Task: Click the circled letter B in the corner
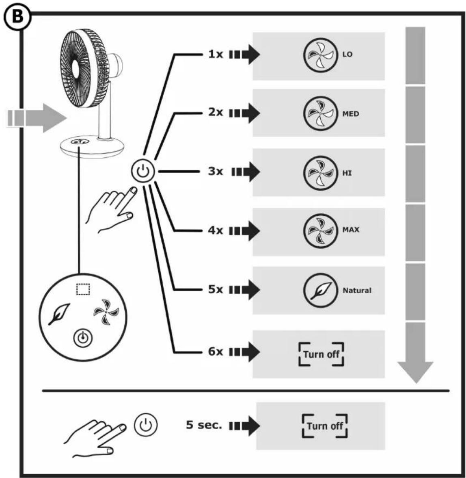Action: click(x=17, y=17)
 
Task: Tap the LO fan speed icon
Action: click(x=320, y=55)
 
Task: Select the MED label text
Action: click(x=351, y=114)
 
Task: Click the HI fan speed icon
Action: click(x=320, y=173)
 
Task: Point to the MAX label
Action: click(x=351, y=230)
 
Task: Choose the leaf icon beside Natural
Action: click(x=320, y=290)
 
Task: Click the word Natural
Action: click(x=357, y=290)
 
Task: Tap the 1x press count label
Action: click(x=216, y=54)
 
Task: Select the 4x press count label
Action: click(x=216, y=230)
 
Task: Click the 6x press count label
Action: click(x=216, y=352)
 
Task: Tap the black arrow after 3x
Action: click(x=246, y=172)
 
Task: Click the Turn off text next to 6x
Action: click(x=321, y=354)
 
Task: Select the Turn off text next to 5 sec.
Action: click(x=325, y=426)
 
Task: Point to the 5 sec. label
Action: click(x=204, y=425)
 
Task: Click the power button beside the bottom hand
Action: click(x=146, y=425)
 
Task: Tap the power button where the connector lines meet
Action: click(x=143, y=172)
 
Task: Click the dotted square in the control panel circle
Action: click(x=83, y=289)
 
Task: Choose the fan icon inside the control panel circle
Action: click(x=106, y=312)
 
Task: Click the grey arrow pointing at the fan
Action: click(x=37, y=118)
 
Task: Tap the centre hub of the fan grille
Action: click(x=75, y=70)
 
